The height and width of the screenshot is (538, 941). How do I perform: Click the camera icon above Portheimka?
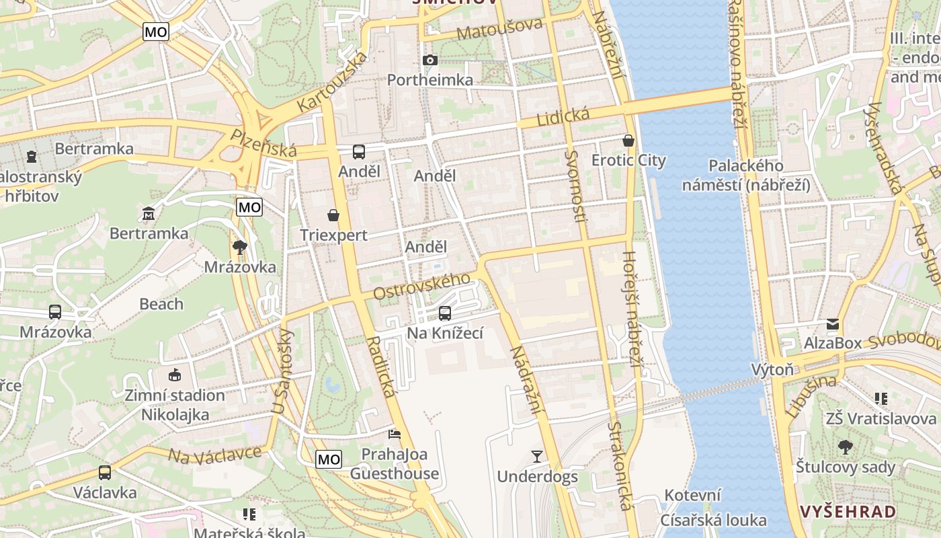pyautogui.click(x=430, y=61)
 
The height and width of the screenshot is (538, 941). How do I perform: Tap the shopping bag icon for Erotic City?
pyautogui.click(x=628, y=141)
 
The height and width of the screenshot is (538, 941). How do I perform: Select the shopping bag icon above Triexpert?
pyautogui.click(x=333, y=215)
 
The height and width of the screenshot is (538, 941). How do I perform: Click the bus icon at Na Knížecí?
pyautogui.click(x=445, y=313)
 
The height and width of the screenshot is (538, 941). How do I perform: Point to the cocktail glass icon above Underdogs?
pyautogui.click(x=536, y=457)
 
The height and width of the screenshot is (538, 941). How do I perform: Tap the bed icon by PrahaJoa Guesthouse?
pyautogui.click(x=395, y=434)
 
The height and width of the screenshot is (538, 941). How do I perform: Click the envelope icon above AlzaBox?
pyautogui.click(x=833, y=324)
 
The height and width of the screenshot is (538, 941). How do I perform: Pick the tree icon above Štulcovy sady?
pyautogui.click(x=845, y=447)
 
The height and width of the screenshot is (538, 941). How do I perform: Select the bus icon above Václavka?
pyautogui.click(x=105, y=472)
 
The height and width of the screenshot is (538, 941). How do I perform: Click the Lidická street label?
pyautogui.click(x=563, y=117)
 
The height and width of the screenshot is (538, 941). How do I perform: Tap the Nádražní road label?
pyautogui.click(x=526, y=379)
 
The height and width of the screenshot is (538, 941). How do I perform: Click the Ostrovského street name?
pyautogui.click(x=421, y=286)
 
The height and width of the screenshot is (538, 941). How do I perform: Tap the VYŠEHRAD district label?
pyautogui.click(x=848, y=511)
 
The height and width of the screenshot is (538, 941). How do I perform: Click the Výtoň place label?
pyautogui.click(x=772, y=369)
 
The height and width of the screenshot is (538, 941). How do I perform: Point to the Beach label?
pyautogui.click(x=161, y=304)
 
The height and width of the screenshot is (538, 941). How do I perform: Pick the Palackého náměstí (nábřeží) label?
pyautogui.click(x=746, y=175)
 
